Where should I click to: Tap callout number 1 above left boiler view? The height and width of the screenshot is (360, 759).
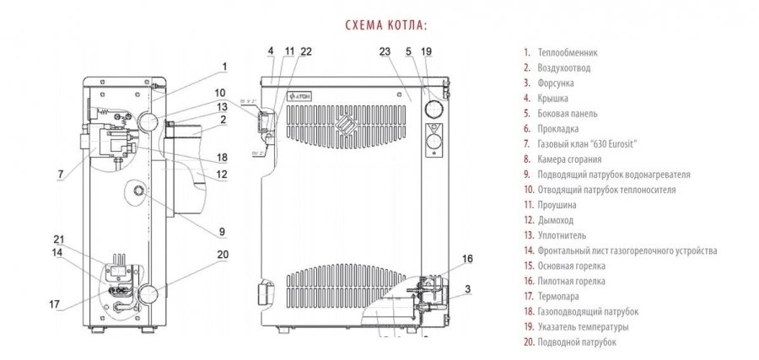point(225,66)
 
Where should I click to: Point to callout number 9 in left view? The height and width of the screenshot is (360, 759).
point(221,231)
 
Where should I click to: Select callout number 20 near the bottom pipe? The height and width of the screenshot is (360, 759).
point(222,254)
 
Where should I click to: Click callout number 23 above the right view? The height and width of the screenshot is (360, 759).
point(384,52)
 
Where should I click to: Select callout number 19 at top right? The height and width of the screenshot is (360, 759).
point(426,52)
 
